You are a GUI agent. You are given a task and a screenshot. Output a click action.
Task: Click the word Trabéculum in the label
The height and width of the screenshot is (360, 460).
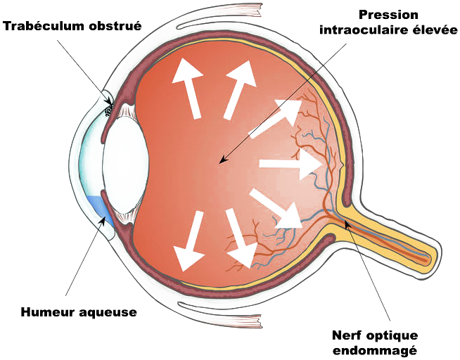(x=41, y=26)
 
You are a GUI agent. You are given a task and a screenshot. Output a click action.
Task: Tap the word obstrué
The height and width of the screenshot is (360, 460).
(x=111, y=26)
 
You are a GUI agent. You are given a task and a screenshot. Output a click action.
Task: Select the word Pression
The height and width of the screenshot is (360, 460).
(x=388, y=15)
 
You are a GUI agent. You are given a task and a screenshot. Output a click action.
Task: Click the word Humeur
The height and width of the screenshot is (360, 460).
(x=49, y=312)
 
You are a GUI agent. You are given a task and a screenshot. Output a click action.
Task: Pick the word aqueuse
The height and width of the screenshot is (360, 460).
(x=108, y=313)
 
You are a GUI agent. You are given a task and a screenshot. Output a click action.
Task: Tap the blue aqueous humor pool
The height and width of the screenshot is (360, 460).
(x=101, y=209)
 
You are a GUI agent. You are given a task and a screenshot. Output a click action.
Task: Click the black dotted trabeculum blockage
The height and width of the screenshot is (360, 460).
(x=108, y=111)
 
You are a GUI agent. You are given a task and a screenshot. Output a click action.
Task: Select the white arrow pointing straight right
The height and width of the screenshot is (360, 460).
(x=291, y=164)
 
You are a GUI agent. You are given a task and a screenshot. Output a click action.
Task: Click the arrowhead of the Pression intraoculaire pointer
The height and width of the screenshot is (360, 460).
(x=222, y=160)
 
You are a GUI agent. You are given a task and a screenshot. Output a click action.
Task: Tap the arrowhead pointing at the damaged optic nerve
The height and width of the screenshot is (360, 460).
(x=347, y=224)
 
